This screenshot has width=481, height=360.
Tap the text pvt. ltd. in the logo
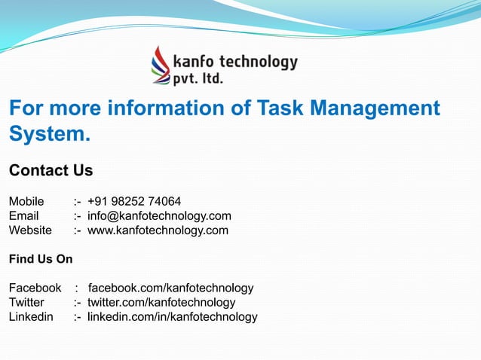click(x=198, y=78)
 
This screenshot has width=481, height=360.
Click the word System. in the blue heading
click(x=50, y=135)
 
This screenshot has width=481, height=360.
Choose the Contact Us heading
click(x=51, y=170)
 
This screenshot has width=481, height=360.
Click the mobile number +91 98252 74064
click(x=134, y=202)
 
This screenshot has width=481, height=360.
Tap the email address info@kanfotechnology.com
click(x=159, y=216)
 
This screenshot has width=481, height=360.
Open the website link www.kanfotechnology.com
click(x=158, y=230)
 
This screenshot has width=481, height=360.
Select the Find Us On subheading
click(x=41, y=259)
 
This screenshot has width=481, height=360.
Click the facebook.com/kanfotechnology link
click(x=170, y=288)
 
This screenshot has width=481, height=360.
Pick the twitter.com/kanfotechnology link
click(x=161, y=302)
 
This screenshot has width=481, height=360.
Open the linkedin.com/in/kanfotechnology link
click(x=172, y=316)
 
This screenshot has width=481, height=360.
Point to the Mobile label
click(x=26, y=202)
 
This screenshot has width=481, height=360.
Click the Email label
click(x=23, y=216)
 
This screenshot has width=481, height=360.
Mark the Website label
click(x=30, y=230)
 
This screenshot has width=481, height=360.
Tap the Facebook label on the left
click(x=35, y=288)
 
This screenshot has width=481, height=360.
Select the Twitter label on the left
click(x=26, y=302)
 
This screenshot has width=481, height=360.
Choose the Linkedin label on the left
click(x=31, y=316)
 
